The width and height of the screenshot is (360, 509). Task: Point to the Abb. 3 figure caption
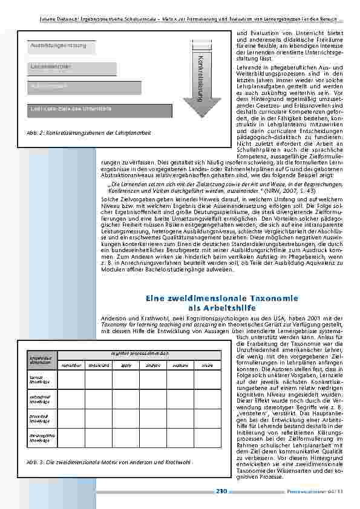tap(105, 462)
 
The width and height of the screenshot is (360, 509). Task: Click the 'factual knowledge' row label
tap(39, 379)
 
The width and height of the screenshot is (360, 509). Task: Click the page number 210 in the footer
tap(221, 491)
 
